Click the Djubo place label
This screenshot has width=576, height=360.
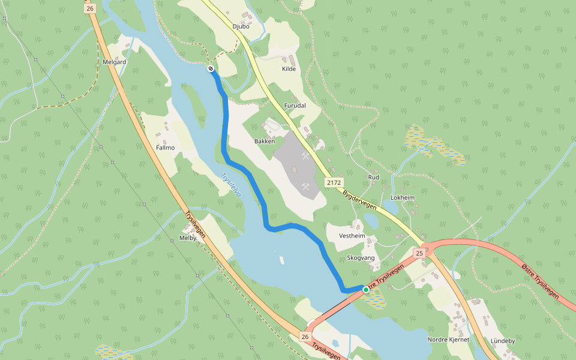click(x=241, y=26)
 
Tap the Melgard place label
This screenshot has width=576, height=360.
click(x=114, y=62)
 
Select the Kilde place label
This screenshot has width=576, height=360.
click(x=289, y=69)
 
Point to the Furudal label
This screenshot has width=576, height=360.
click(x=295, y=106)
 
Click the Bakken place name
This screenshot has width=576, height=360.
click(x=265, y=142)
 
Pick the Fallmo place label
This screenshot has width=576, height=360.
click(x=165, y=148)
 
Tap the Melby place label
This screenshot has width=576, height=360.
click(x=188, y=238)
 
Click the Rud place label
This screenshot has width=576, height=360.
click(x=373, y=178)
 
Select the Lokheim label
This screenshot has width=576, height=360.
click(x=403, y=197)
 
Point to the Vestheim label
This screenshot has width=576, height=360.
click(x=352, y=236)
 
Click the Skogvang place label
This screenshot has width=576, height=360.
click(x=361, y=258)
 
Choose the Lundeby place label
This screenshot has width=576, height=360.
click(x=503, y=341)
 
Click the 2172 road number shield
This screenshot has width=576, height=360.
click(x=334, y=182)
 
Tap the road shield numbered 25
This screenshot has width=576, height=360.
click(x=419, y=254)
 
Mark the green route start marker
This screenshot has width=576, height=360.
click(x=366, y=290)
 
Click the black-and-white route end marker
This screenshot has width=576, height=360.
click(x=211, y=69)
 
